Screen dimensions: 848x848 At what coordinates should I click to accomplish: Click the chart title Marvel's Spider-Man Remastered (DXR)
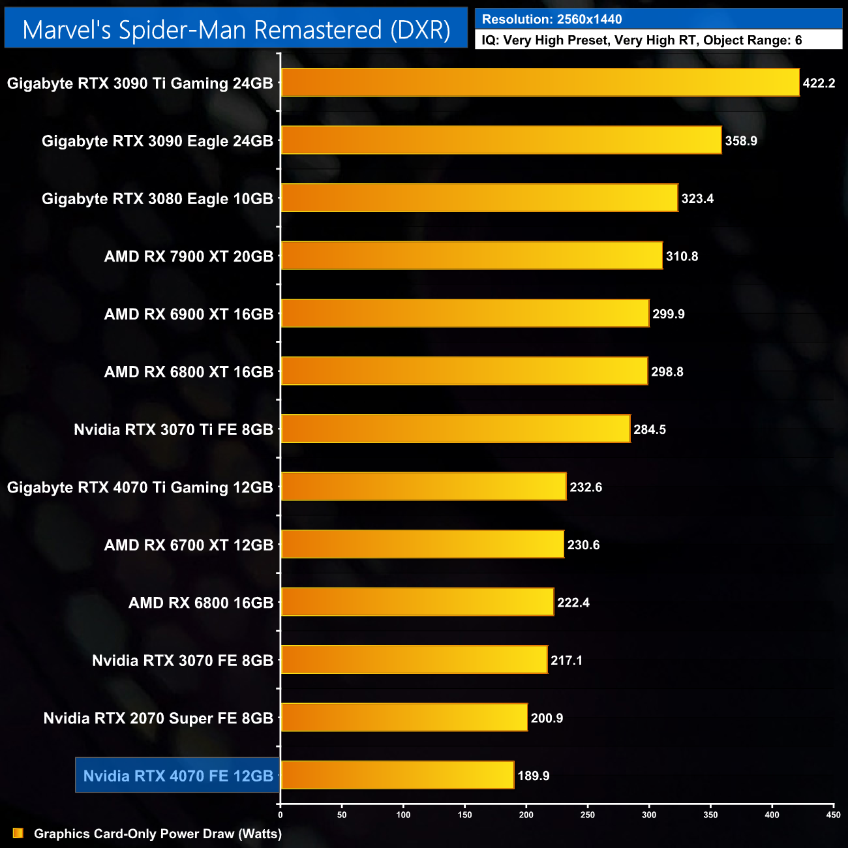click(236, 30)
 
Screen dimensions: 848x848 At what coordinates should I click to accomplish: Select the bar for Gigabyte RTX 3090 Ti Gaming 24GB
click(540, 83)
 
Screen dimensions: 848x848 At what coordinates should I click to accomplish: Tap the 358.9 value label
click(741, 141)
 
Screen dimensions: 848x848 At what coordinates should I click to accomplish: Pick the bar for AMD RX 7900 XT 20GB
click(472, 256)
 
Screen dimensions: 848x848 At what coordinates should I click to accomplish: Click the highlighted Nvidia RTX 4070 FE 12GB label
click(178, 776)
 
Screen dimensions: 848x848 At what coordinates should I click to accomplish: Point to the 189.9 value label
click(534, 776)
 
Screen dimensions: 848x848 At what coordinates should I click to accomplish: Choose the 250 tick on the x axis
click(588, 815)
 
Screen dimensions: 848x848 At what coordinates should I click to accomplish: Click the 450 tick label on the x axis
click(833, 815)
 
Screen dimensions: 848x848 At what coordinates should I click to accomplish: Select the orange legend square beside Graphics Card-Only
click(18, 833)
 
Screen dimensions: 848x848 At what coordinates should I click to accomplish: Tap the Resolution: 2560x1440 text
click(552, 20)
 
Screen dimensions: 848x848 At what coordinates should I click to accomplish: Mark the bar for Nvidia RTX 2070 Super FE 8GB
click(404, 718)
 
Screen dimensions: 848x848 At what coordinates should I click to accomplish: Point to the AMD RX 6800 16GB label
click(201, 603)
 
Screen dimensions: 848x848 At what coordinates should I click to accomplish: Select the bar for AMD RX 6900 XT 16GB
click(465, 314)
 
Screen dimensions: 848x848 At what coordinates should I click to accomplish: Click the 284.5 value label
click(650, 429)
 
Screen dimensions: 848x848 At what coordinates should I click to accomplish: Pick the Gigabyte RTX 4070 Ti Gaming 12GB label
click(140, 487)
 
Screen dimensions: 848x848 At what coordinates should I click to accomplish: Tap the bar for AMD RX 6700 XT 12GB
click(423, 545)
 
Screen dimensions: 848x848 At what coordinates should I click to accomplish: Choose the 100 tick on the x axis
click(403, 815)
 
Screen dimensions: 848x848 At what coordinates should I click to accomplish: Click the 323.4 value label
click(697, 198)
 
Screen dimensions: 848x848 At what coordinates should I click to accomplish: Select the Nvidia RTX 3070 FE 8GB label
click(183, 660)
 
